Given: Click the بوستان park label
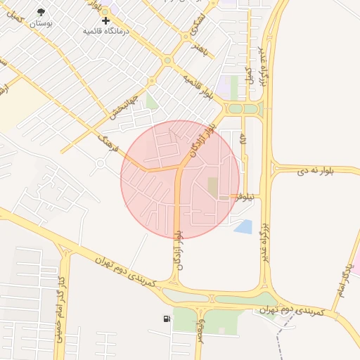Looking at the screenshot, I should (x=41, y=23).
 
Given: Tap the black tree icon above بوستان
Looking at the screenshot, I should (x=41, y=12).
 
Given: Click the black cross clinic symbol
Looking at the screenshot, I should (x=105, y=20).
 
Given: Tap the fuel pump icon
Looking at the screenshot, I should (x=166, y=320).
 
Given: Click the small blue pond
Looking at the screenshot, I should (x=243, y=226).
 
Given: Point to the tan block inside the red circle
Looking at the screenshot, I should (x=213, y=187).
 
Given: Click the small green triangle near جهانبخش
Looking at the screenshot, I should (x=151, y=102).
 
